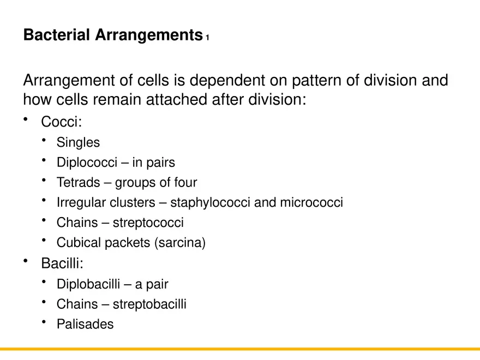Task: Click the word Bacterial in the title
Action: click(x=57, y=35)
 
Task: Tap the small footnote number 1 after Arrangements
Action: click(x=208, y=38)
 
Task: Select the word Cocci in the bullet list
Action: click(x=59, y=122)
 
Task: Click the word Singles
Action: click(x=78, y=143)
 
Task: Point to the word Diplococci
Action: click(x=87, y=163)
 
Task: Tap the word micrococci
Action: click(x=311, y=203)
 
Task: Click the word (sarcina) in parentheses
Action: click(x=181, y=243)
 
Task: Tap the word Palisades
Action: click(x=85, y=325)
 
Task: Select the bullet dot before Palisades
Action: click(x=43, y=322)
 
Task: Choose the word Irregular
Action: click(x=81, y=203)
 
